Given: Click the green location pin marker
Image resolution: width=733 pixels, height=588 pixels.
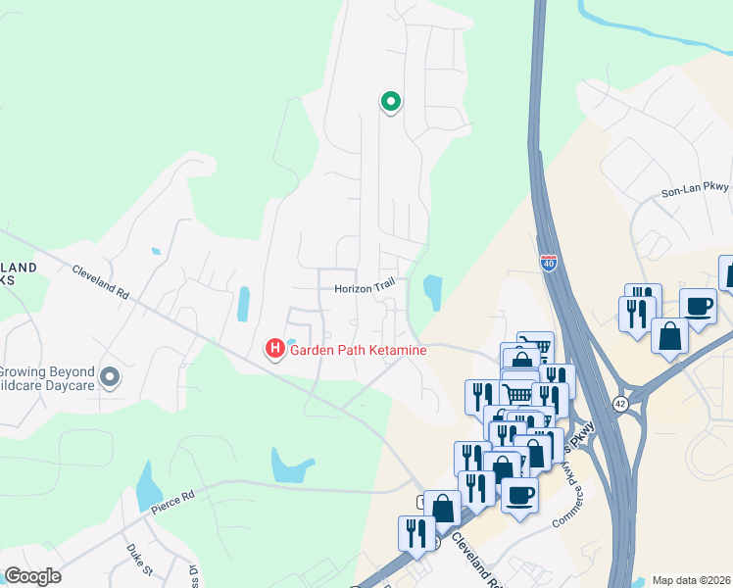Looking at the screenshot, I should click(390, 101).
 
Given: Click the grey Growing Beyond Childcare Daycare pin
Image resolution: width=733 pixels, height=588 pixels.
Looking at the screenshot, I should click(110, 376).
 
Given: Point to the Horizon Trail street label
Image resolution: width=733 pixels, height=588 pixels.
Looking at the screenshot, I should click(364, 288).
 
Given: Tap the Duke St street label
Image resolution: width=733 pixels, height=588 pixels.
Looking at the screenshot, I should click(140, 561).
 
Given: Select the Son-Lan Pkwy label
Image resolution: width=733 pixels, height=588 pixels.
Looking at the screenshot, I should click(696, 192).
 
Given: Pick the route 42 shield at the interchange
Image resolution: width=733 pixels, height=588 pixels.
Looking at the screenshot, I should click(619, 403).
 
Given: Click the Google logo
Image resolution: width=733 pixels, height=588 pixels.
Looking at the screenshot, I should click(32, 576).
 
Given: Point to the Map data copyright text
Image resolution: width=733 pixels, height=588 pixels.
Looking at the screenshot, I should click(691, 580).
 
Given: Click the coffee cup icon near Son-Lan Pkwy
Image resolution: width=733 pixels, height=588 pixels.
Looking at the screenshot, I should click(698, 306).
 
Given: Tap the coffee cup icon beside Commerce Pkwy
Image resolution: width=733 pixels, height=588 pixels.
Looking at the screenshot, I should click(519, 493).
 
